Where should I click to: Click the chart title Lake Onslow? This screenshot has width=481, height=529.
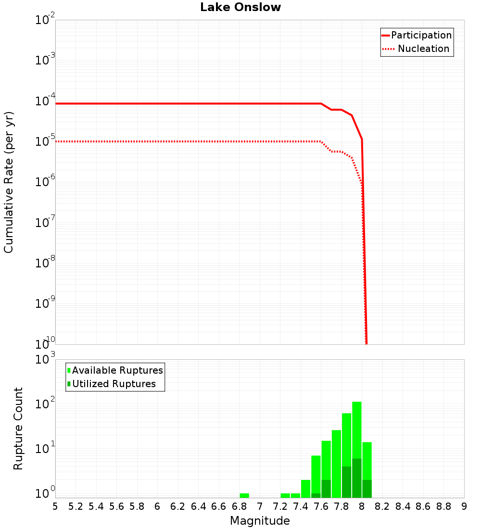[240, 7]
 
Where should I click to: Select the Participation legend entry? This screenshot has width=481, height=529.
[421, 35]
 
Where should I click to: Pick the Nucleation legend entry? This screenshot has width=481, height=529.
[423, 49]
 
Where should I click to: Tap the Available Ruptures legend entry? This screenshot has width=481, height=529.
[117, 370]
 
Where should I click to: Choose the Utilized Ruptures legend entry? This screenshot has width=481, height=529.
[114, 384]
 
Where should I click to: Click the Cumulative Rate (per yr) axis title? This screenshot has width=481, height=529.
[9, 182]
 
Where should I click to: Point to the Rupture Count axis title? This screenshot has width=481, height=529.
[18, 428]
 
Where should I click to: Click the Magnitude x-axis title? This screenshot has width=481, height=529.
[260, 521]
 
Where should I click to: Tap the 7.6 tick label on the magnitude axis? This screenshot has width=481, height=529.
[321, 506]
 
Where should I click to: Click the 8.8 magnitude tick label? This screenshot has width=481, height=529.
[443, 506]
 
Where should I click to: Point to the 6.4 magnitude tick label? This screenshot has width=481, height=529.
[198, 506]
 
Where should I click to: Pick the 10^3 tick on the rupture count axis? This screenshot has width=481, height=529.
[46, 359]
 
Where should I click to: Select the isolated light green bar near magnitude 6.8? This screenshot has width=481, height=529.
[244, 495]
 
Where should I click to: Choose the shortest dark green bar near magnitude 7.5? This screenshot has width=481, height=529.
[316, 495]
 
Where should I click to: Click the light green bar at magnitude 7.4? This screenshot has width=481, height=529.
[305, 489]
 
